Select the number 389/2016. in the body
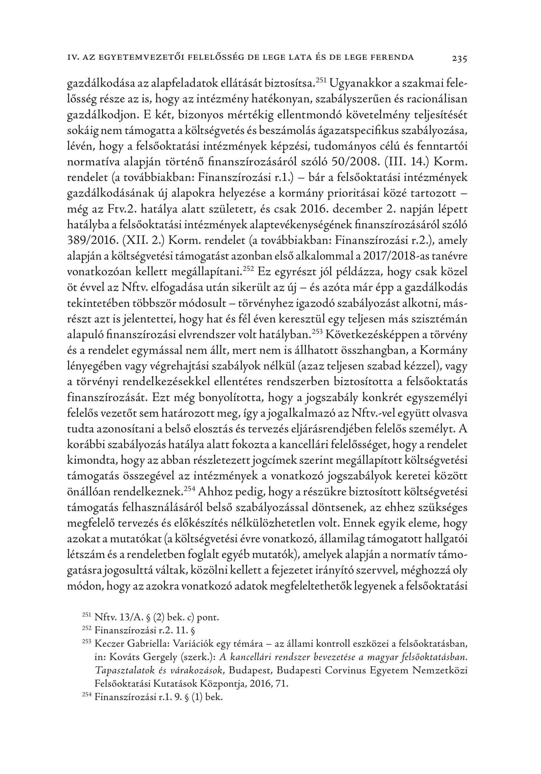coord(89,241)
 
